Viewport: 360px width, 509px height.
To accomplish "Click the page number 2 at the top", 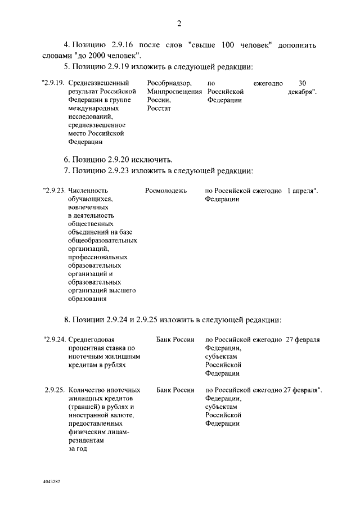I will coord(179,23).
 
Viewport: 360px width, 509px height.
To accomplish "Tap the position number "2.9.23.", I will coord(54,191).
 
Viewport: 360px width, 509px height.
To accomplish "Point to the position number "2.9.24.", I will coord(55,340).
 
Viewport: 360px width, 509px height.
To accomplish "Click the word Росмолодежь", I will coord(166,191).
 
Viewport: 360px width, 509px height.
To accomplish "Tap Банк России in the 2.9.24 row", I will coord(175,340).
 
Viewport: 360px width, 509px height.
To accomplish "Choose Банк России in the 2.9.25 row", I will coord(175,390).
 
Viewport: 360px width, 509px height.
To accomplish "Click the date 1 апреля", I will coord(301,191).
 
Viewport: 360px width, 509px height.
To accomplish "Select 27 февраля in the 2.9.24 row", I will coord(303,340).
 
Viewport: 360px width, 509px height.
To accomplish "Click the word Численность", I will coord(87,191).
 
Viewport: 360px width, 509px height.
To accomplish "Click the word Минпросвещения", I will coord(174,91).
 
